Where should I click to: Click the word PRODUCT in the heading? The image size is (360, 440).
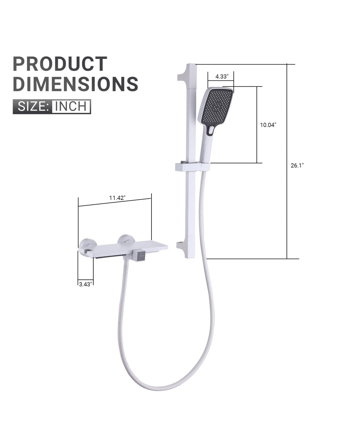(x=60, y=64)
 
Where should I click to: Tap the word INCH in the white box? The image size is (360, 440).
(x=71, y=107)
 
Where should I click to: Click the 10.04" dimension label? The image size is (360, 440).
(x=268, y=125)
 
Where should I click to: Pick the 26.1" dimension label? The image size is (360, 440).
(x=297, y=165)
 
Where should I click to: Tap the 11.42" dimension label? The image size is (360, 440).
(x=117, y=198)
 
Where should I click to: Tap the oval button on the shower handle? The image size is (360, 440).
(x=211, y=130)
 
